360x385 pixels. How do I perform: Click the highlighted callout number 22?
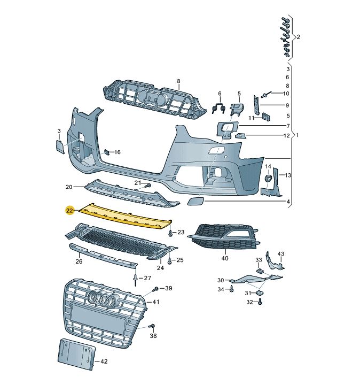(x=69, y=211)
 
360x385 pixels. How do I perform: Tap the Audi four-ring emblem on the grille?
(x=103, y=301)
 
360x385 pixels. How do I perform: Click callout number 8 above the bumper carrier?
(x=179, y=81)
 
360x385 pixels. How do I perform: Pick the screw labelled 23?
(x=170, y=234)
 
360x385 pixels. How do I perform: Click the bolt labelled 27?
(x=136, y=279)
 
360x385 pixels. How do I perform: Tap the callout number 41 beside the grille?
(x=156, y=302)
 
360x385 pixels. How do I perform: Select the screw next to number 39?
(x=155, y=289)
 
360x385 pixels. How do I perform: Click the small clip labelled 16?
(x=107, y=152)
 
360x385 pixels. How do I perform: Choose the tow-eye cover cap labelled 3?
(x=59, y=145)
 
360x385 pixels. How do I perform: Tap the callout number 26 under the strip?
(x=79, y=262)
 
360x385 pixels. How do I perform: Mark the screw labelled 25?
(x=169, y=261)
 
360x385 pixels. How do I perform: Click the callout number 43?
(x=281, y=253)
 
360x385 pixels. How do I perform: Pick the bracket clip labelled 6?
(x=218, y=108)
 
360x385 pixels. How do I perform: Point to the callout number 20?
(x=69, y=187)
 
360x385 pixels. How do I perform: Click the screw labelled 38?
(x=152, y=327)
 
